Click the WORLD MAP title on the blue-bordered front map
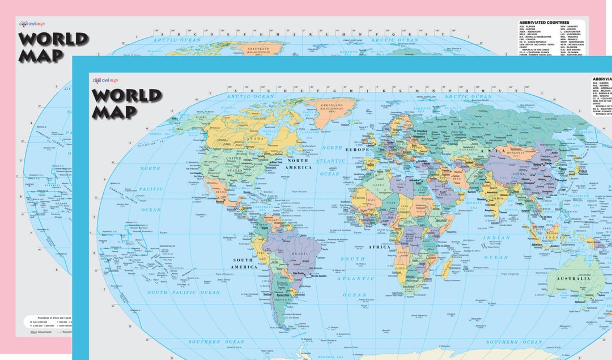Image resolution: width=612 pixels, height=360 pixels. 127,103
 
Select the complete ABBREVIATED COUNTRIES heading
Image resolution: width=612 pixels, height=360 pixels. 544,23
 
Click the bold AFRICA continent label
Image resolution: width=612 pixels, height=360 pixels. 379,247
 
